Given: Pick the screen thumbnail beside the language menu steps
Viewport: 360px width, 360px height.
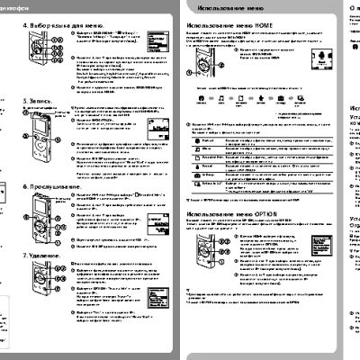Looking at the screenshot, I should coord(159,40).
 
